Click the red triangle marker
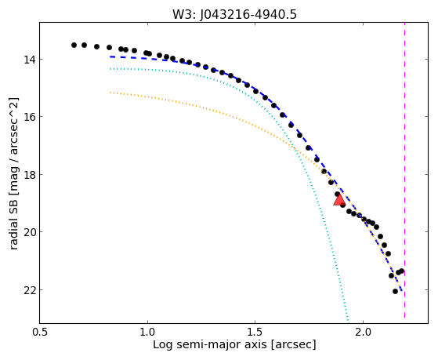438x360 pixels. [339, 200]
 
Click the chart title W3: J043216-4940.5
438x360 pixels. [234, 14]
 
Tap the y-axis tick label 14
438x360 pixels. [29, 60]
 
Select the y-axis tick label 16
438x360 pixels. [29, 117]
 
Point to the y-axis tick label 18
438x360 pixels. [29, 175]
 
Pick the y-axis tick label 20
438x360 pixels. [29, 232]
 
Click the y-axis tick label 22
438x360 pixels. [29, 290]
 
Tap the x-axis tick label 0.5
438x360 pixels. [40, 332]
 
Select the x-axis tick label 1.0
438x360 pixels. [147, 332]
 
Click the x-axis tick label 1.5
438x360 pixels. [255, 332]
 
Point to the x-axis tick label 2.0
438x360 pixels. [363, 332]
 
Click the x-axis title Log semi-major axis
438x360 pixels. [210, 344]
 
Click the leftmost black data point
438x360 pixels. [74, 45]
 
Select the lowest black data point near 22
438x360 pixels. [395, 292]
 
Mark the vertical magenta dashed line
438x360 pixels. [404, 173]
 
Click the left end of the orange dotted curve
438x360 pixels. [110, 93]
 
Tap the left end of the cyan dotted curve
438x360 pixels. [110, 68]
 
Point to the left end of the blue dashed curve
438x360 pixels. [110, 56]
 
